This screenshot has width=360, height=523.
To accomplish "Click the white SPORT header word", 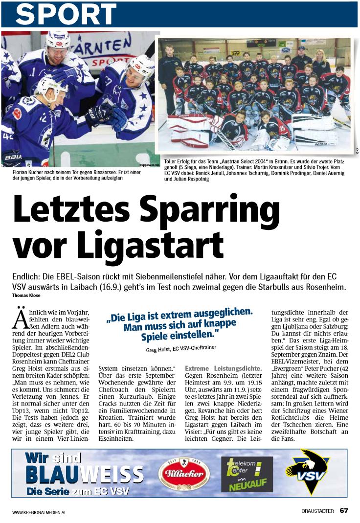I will (66, 14).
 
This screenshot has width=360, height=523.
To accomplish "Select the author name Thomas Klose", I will (25, 295).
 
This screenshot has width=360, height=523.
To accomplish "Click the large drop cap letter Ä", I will (19, 318).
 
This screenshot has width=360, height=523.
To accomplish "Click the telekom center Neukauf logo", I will (247, 474).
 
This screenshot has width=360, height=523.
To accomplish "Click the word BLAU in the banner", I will (51, 475).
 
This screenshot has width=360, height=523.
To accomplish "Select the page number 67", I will (344, 511).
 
